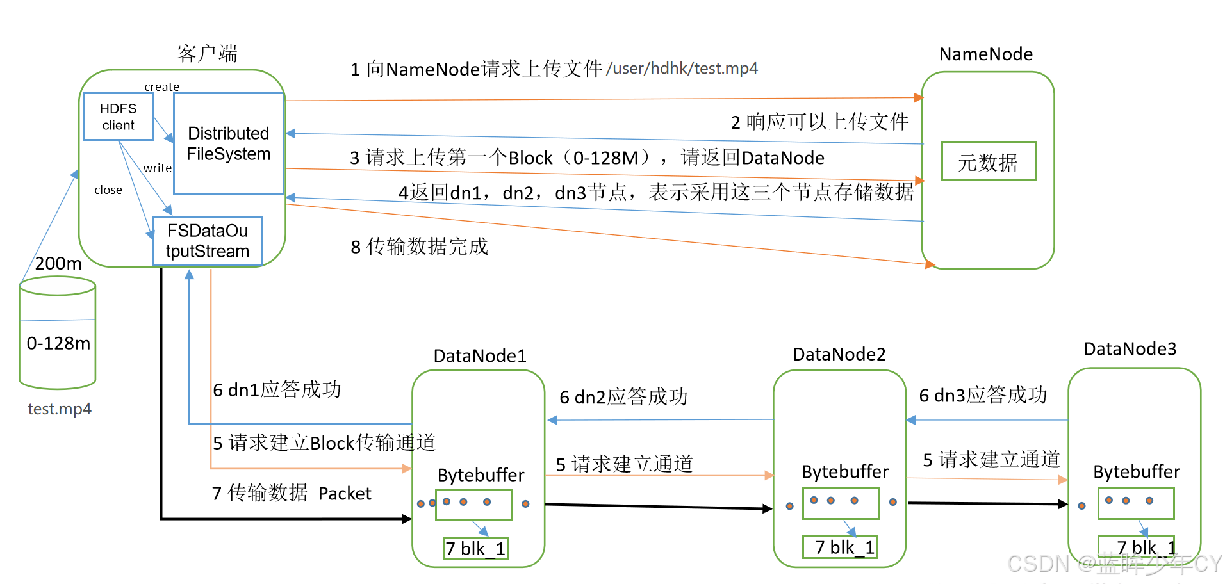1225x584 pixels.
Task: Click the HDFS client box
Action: [x=119, y=117]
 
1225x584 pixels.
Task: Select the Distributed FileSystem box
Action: [x=228, y=143]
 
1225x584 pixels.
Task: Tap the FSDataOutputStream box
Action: [x=208, y=241]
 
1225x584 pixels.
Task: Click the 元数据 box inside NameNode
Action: [x=988, y=161]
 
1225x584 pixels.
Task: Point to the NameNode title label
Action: [x=985, y=54]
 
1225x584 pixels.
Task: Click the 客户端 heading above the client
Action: [x=207, y=53]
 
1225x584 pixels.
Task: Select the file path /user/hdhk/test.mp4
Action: [x=682, y=69]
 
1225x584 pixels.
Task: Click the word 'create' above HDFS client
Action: [x=161, y=86]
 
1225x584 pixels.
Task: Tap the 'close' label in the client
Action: [x=108, y=190]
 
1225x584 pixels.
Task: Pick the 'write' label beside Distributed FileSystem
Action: [x=157, y=168]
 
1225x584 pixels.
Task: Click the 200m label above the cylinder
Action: [x=58, y=263]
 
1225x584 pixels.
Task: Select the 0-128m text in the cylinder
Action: [x=58, y=344]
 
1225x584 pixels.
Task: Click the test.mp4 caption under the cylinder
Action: [x=60, y=409]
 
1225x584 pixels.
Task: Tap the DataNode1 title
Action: [x=480, y=356]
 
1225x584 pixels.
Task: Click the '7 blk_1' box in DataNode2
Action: [x=841, y=547]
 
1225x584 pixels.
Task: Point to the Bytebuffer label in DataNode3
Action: [x=1136, y=472]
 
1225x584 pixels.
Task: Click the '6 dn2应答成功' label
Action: [x=623, y=397]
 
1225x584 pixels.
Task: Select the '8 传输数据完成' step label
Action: [x=420, y=247]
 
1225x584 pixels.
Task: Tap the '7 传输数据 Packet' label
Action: [x=292, y=493]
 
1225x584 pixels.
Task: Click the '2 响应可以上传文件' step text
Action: [x=819, y=122]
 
